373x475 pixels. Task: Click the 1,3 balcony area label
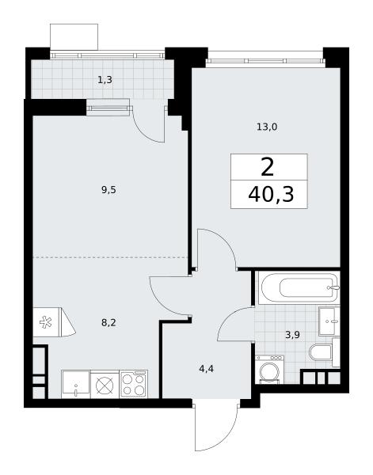pyautogui.click(x=105, y=80)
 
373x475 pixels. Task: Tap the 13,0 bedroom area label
pyautogui.click(x=267, y=127)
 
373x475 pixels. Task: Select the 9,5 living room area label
pyautogui.click(x=108, y=190)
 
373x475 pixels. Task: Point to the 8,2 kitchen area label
pyautogui.click(x=108, y=323)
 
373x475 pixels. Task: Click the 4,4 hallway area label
pyautogui.click(x=207, y=369)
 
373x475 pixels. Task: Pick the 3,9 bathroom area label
pyautogui.click(x=293, y=335)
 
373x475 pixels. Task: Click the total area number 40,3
pyautogui.click(x=271, y=194)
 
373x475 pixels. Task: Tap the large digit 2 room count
pyautogui.click(x=267, y=167)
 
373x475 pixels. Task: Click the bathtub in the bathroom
pyautogui.click(x=299, y=288)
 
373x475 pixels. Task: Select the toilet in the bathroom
pyautogui.click(x=321, y=352)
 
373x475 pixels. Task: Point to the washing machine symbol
pyautogui.click(x=270, y=370)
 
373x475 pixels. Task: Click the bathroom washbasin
pyautogui.click(x=329, y=321)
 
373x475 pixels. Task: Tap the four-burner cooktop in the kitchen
pyautogui.click(x=134, y=384)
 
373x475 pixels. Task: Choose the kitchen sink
pyautogui.click(x=76, y=384)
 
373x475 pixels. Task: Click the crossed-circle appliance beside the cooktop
pyautogui.click(x=105, y=385)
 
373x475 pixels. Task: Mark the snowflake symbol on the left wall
pyautogui.click(x=46, y=322)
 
